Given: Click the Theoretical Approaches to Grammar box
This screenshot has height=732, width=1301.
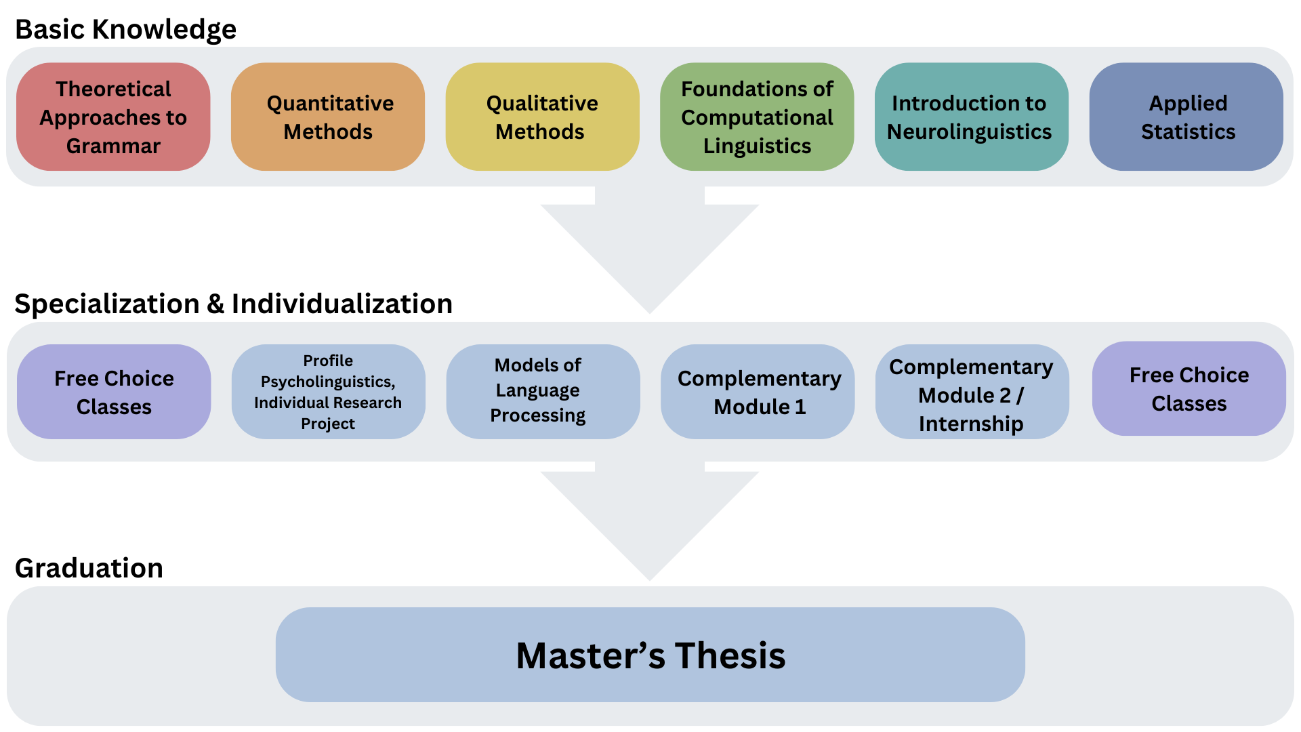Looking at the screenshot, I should (x=113, y=117).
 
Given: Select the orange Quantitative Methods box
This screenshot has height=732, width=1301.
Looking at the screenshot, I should (x=328, y=117).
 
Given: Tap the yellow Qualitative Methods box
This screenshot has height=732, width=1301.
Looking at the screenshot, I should (x=542, y=117).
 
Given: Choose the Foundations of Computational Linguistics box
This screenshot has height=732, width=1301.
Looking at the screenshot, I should (x=757, y=117).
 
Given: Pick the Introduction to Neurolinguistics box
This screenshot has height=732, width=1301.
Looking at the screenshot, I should (x=971, y=117).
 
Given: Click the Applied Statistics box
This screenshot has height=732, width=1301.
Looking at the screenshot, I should (x=1186, y=117).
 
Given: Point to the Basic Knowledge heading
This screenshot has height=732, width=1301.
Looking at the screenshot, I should (x=125, y=29).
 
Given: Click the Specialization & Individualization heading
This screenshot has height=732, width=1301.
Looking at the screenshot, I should (x=233, y=304).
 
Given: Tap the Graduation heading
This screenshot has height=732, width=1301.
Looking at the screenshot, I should (x=89, y=568).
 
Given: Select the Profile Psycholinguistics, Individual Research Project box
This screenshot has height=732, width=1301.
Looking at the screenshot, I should (x=328, y=392).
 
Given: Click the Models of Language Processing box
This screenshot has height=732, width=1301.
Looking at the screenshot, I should (x=542, y=392).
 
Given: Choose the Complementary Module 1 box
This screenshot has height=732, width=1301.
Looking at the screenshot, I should (x=758, y=392).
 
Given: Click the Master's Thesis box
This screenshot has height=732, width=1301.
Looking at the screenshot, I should (x=650, y=655).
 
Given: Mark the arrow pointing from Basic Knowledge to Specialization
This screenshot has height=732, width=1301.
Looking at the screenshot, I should (x=649, y=251).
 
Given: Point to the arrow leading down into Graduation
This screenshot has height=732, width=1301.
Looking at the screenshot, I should (x=649, y=518).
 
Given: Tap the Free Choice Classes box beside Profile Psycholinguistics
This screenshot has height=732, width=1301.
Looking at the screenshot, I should (x=114, y=392).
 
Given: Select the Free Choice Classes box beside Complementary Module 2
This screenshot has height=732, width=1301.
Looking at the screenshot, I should (x=1189, y=389).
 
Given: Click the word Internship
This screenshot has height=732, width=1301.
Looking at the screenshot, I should (x=971, y=424).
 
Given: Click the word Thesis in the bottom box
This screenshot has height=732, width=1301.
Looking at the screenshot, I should (x=730, y=656).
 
